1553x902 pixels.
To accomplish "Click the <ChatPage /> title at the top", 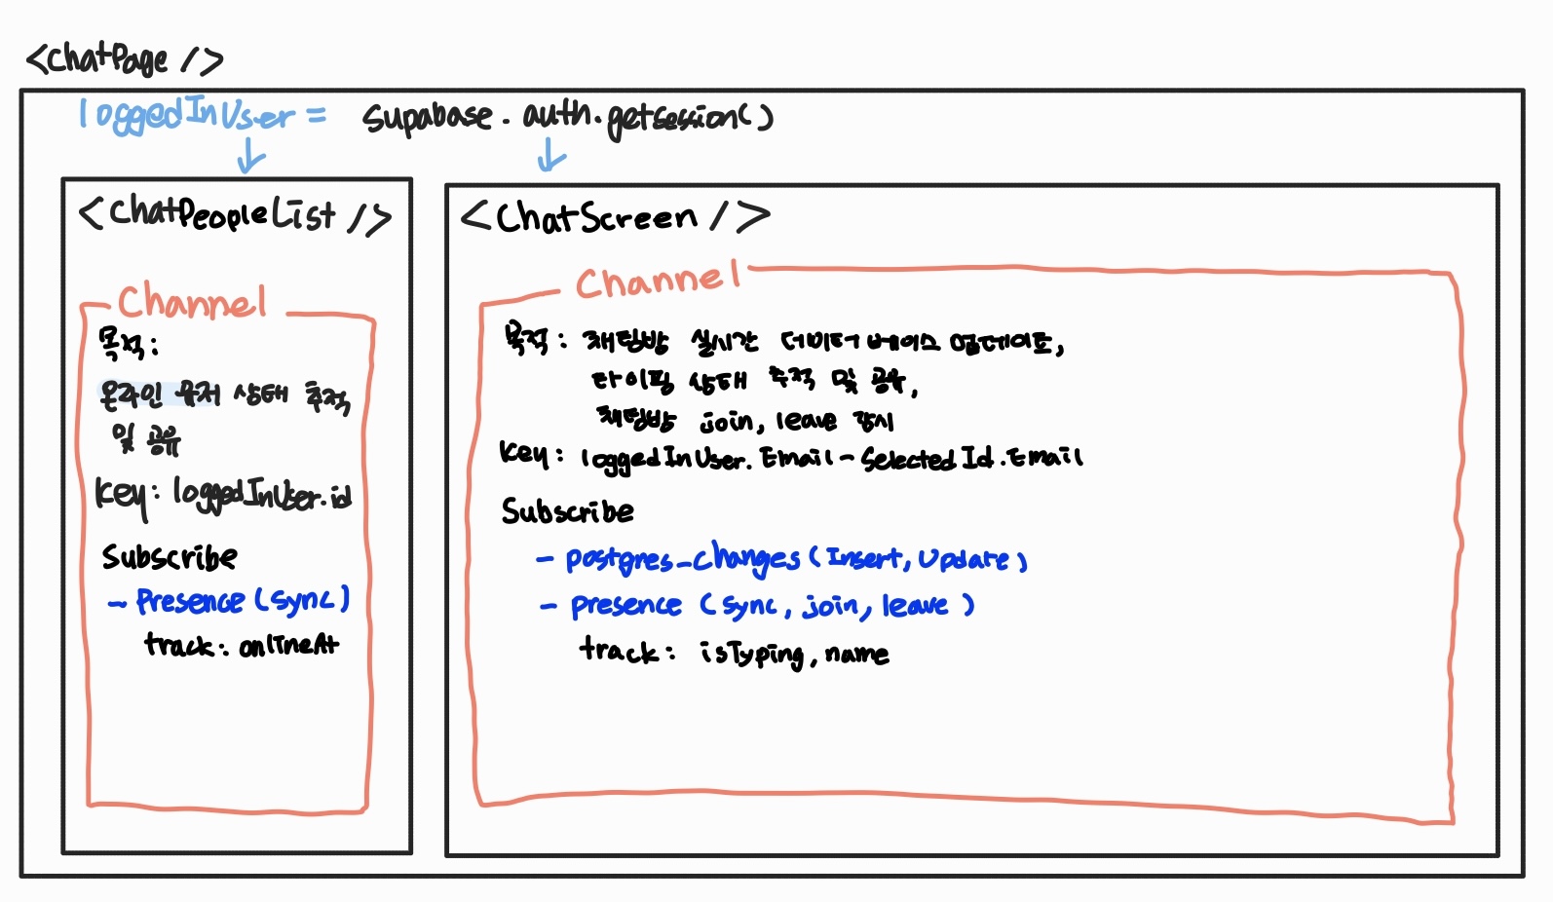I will point(124,60).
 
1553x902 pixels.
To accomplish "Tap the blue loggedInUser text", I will point(185,115).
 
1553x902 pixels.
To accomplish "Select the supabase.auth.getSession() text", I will point(567,118).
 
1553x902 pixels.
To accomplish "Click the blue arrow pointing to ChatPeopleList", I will point(250,156).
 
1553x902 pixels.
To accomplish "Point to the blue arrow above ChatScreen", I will point(550,154).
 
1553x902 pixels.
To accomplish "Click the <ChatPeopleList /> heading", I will point(234,214).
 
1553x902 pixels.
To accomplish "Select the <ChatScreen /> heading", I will point(614,216).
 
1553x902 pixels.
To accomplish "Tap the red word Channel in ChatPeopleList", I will point(192,301).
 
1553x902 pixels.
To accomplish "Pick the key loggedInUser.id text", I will point(223,495).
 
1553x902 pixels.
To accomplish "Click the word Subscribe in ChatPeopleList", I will point(170,557).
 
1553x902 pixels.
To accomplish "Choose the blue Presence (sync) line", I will point(229,601).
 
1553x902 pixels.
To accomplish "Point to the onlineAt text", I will point(289,645).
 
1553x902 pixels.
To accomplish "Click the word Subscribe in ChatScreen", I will point(567,511).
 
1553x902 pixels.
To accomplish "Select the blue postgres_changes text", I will point(682,559).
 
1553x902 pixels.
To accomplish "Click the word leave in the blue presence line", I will point(915,606).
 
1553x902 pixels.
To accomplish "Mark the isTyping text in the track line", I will point(752,653).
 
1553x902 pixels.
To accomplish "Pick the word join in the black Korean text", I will point(727,421).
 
